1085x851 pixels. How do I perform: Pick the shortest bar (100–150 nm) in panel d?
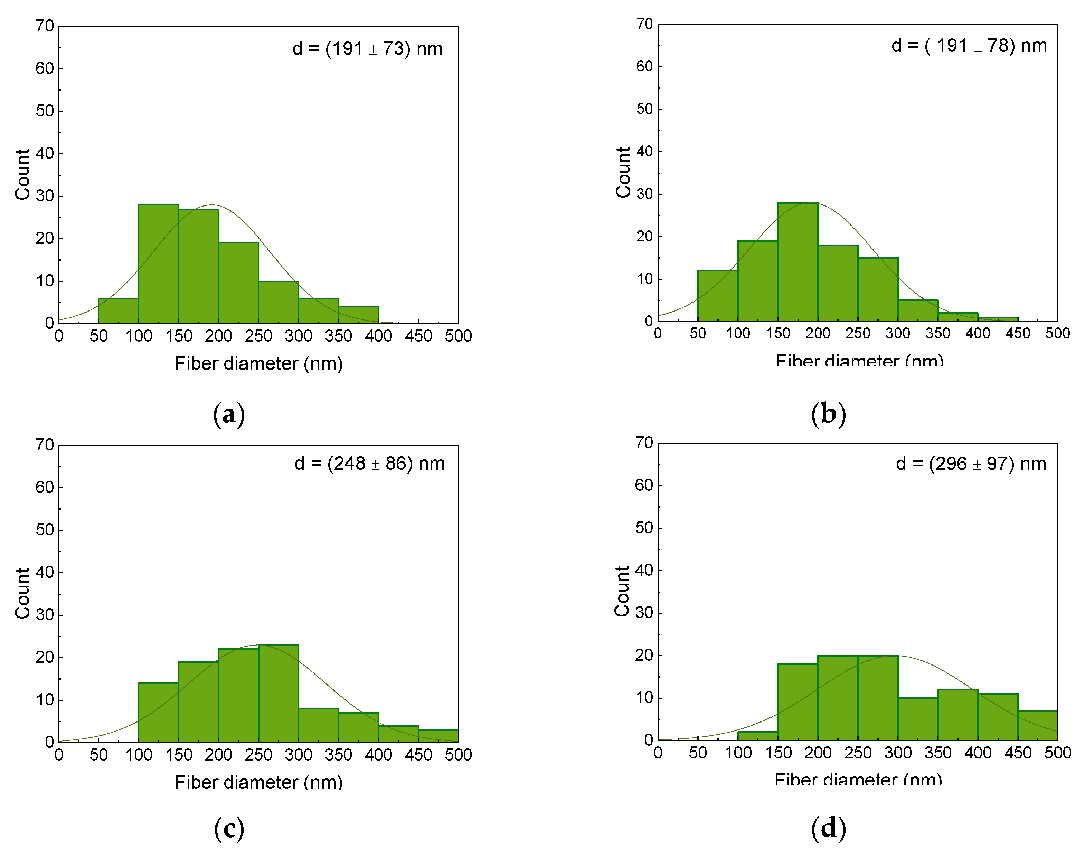point(757,736)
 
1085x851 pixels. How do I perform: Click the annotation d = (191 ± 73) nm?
point(367,49)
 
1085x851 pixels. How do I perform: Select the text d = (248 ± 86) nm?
point(369,463)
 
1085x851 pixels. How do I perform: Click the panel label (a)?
point(229,414)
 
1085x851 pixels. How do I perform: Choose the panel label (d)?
point(828,829)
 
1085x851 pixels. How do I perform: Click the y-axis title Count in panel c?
point(22,593)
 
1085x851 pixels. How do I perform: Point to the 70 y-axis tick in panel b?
point(644,24)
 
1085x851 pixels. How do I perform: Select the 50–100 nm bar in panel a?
point(118,311)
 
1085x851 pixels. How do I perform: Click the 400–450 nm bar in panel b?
point(998,319)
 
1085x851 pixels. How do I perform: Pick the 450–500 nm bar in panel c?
point(438,736)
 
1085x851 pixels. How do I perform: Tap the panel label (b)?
point(828,414)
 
